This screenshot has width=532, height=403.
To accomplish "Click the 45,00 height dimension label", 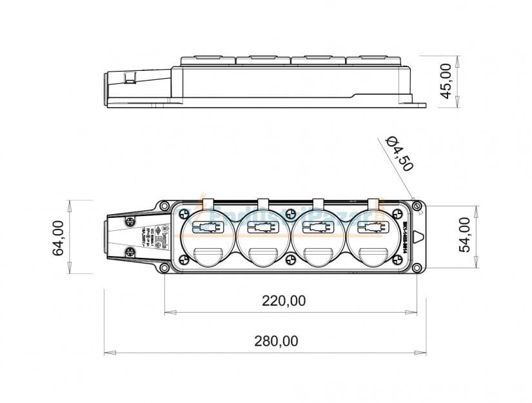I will tap(446, 81).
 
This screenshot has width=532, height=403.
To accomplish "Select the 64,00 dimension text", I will tap(59, 237).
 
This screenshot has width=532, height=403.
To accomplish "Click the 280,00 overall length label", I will tap(276, 341).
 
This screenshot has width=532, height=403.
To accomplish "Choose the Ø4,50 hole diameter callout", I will tap(399, 153).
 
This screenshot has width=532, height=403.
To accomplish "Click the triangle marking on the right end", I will tap(419, 237).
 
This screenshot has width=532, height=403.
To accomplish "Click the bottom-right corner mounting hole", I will tap(416, 267).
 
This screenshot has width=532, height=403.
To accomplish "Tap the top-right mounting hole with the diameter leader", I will tap(416, 206).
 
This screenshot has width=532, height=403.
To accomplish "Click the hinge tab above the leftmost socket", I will tap(208, 202).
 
